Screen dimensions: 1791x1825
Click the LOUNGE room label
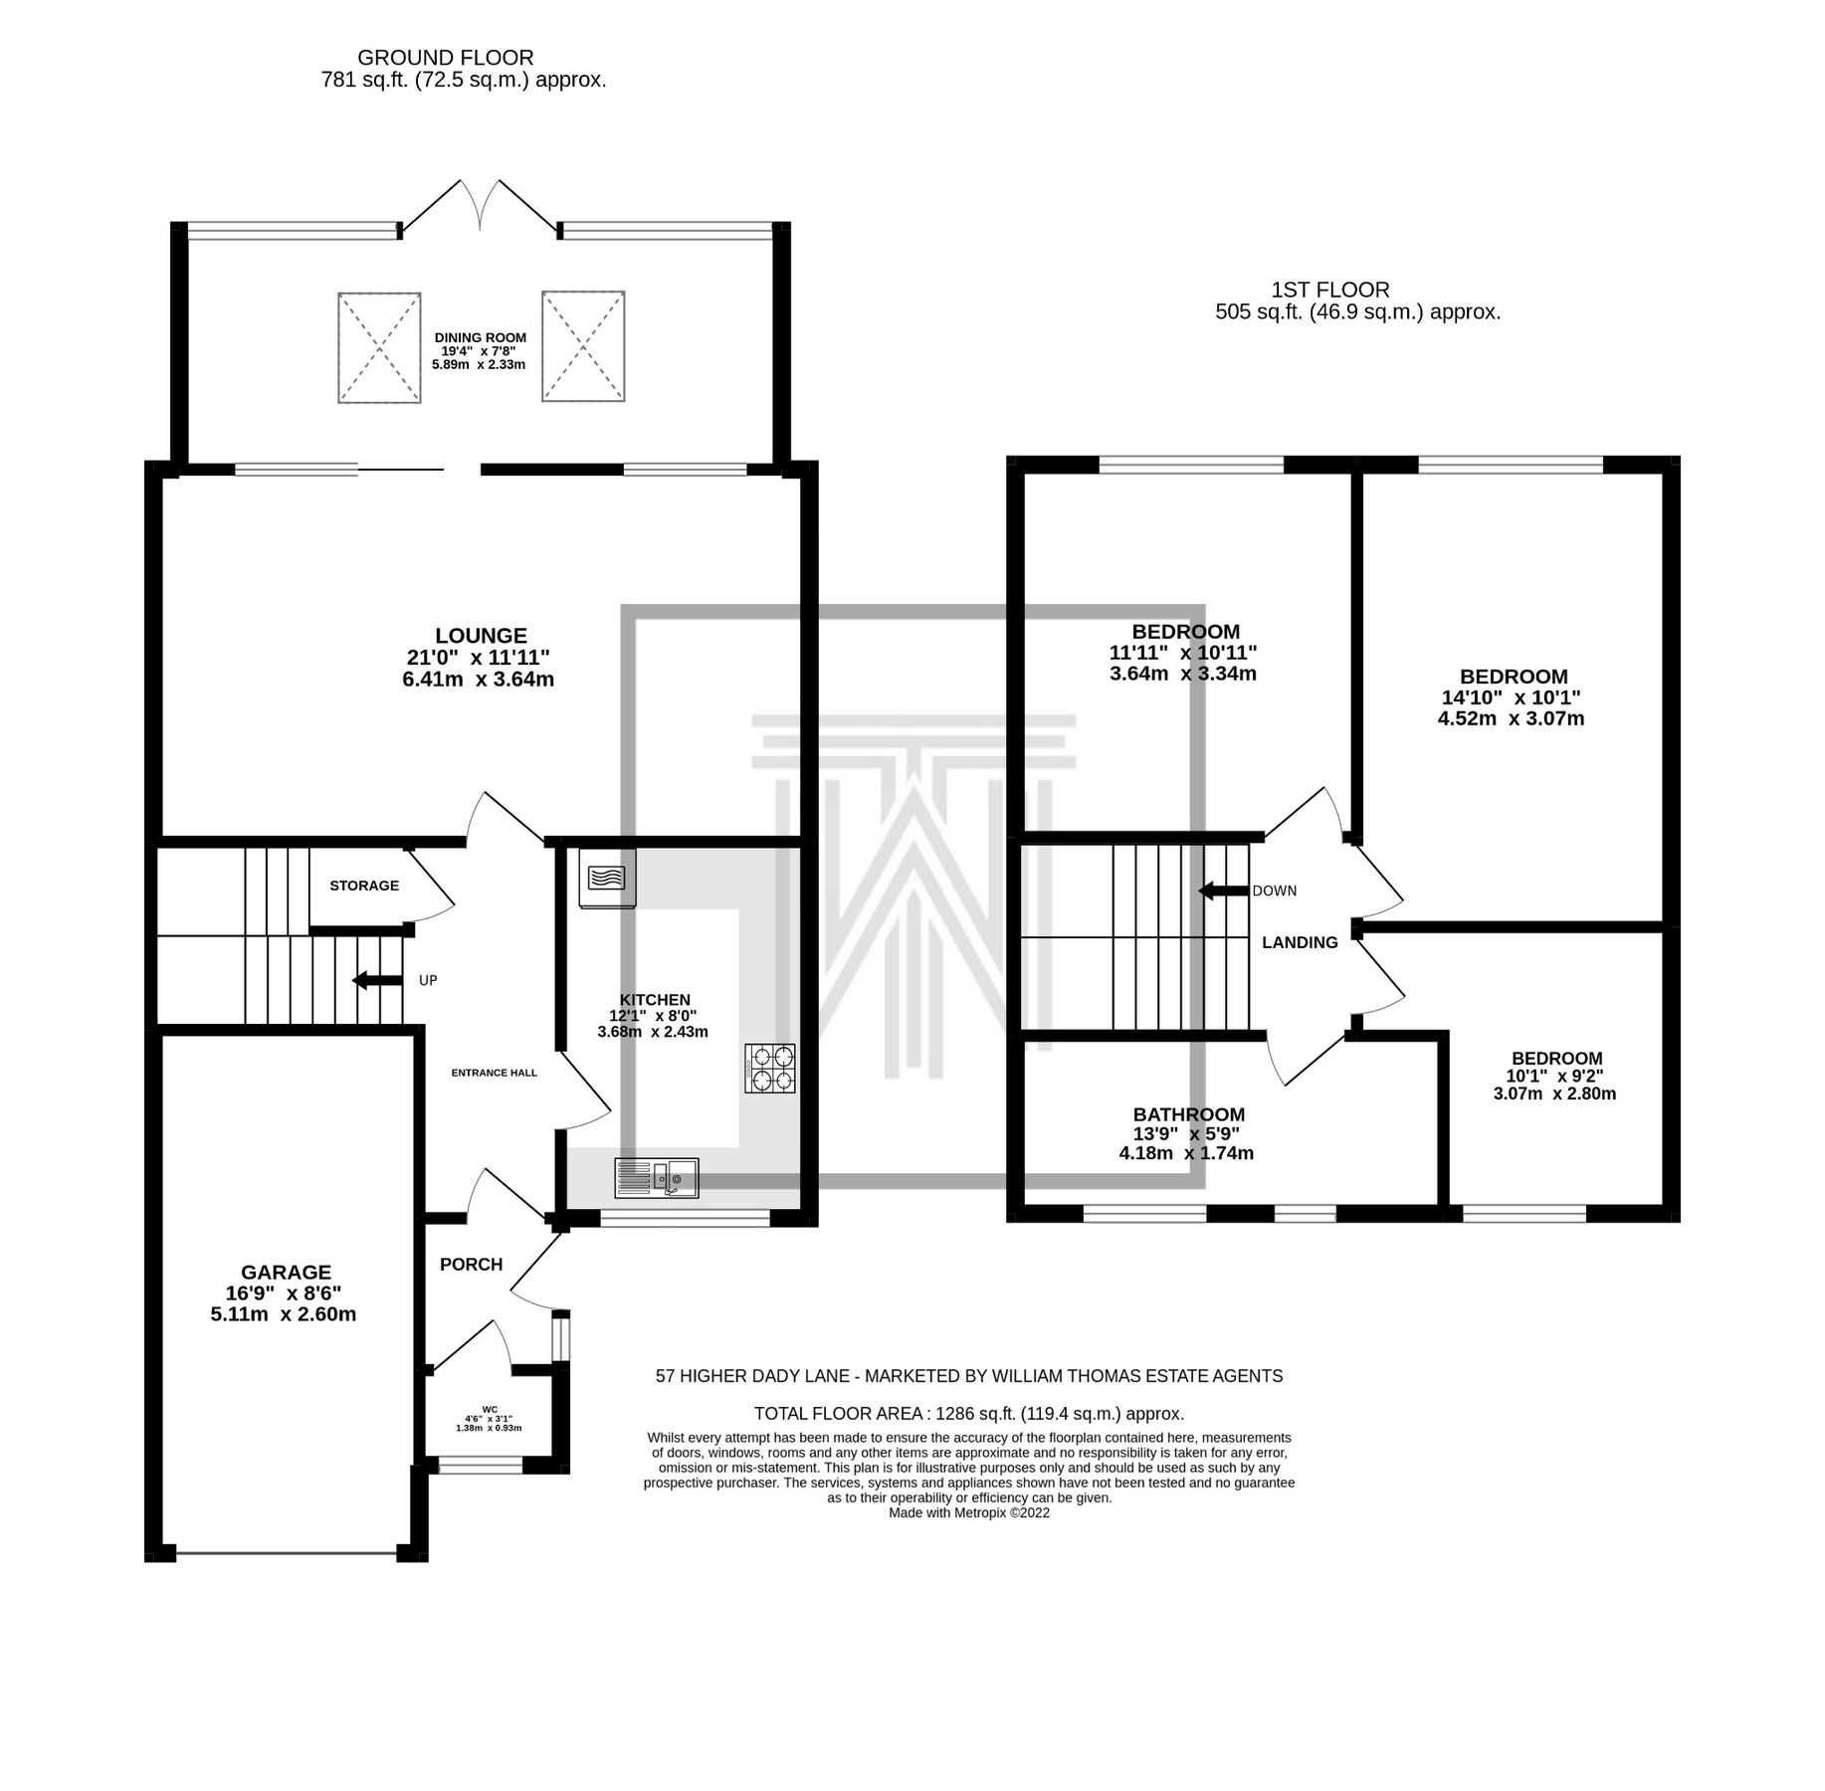(481, 636)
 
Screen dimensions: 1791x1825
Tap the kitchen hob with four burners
(770, 1068)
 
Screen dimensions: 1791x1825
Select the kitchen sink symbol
(658, 1178)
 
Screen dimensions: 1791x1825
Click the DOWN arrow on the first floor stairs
(1223, 891)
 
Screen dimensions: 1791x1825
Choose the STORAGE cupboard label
(364, 886)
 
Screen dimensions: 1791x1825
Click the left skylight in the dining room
(379, 347)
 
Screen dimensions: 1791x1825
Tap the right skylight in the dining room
(583, 346)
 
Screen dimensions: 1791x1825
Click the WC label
(490, 1409)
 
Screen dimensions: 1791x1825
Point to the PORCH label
(471, 1265)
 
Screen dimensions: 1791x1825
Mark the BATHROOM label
(1189, 1114)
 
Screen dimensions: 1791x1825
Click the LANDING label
(1300, 942)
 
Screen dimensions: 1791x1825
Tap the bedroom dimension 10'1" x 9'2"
(1556, 1076)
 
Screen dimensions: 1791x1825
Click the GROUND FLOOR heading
(445, 58)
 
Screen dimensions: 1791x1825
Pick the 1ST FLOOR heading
(1330, 290)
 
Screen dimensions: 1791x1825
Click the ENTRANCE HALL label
(494, 1073)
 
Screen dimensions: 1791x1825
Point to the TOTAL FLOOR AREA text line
(968, 1413)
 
